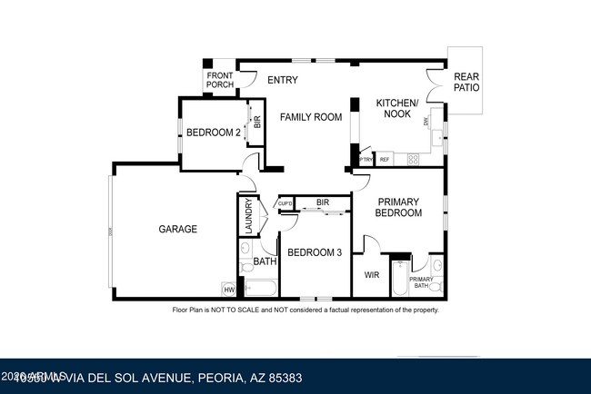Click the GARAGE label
click(x=178, y=230)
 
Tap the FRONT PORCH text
click(x=219, y=80)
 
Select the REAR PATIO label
click(x=466, y=82)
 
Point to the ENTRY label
click(x=283, y=80)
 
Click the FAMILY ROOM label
click(x=310, y=117)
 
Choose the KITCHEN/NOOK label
click(x=397, y=109)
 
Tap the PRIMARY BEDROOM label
click(x=400, y=207)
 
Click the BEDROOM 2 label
click(x=214, y=133)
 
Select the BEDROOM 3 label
click(x=314, y=252)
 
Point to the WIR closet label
click(x=371, y=274)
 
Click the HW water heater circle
click(x=229, y=290)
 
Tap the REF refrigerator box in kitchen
click(x=385, y=160)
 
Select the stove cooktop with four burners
click(x=413, y=159)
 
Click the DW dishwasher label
click(x=426, y=121)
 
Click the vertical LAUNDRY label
click(x=247, y=216)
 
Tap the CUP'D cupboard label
click(x=285, y=203)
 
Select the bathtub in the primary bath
click(x=399, y=279)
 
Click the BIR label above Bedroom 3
click(x=322, y=202)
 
